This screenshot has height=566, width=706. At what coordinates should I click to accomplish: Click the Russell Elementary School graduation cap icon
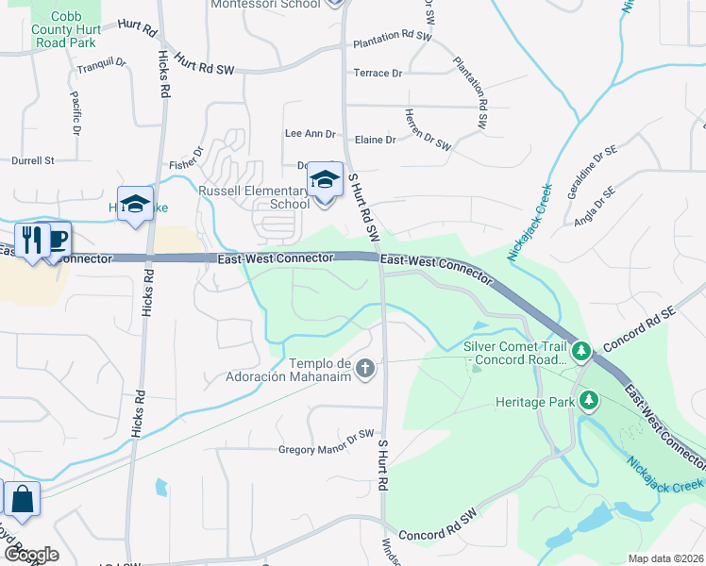(324, 178)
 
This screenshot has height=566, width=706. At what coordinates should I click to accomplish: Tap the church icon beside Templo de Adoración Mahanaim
(365, 368)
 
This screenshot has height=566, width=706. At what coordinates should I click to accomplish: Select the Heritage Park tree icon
(589, 401)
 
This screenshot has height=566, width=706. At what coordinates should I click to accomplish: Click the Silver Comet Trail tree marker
(582, 352)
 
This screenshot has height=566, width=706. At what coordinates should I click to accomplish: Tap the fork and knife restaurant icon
(31, 240)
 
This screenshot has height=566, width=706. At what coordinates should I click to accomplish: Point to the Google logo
(30, 554)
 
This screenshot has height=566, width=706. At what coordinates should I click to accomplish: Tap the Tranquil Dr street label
(101, 64)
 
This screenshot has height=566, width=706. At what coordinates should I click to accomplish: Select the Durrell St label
(34, 161)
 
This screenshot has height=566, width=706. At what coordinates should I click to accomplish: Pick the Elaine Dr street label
(376, 140)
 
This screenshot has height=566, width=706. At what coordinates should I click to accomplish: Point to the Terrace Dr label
(378, 73)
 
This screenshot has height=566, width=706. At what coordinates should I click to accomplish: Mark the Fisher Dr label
(187, 163)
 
